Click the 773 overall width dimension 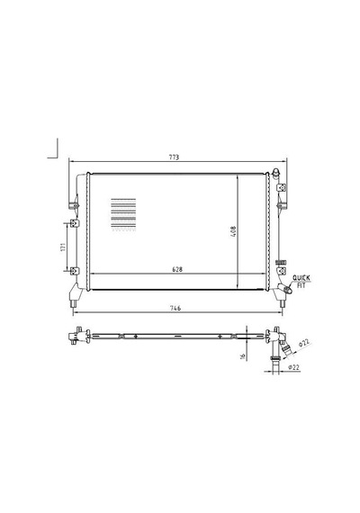click(x=174, y=157)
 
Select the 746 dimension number click(x=175, y=308)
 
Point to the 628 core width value click(x=177, y=270)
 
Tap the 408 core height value click(x=233, y=231)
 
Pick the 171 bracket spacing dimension click(x=63, y=247)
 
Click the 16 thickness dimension click(x=242, y=356)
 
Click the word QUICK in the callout click(x=301, y=278)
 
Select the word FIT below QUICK click(x=301, y=285)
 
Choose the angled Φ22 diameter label click(x=304, y=344)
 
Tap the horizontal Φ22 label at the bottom click(x=294, y=367)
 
